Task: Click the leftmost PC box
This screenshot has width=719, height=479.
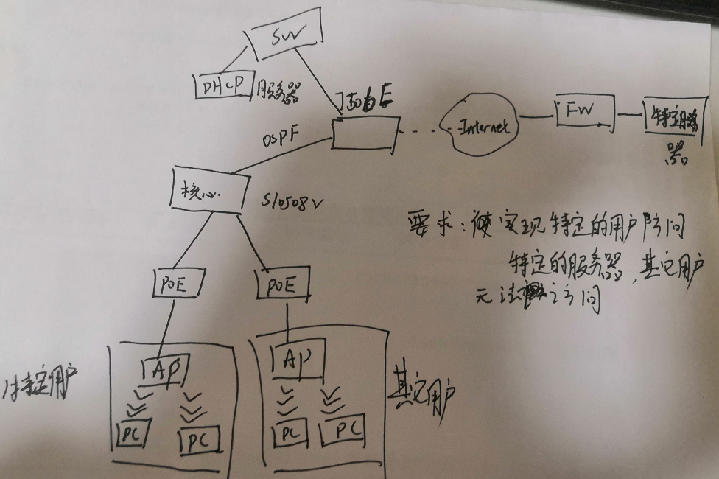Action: point(133,430)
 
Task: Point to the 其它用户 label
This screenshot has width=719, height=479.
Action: point(421,398)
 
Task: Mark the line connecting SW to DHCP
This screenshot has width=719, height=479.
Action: point(236,57)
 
